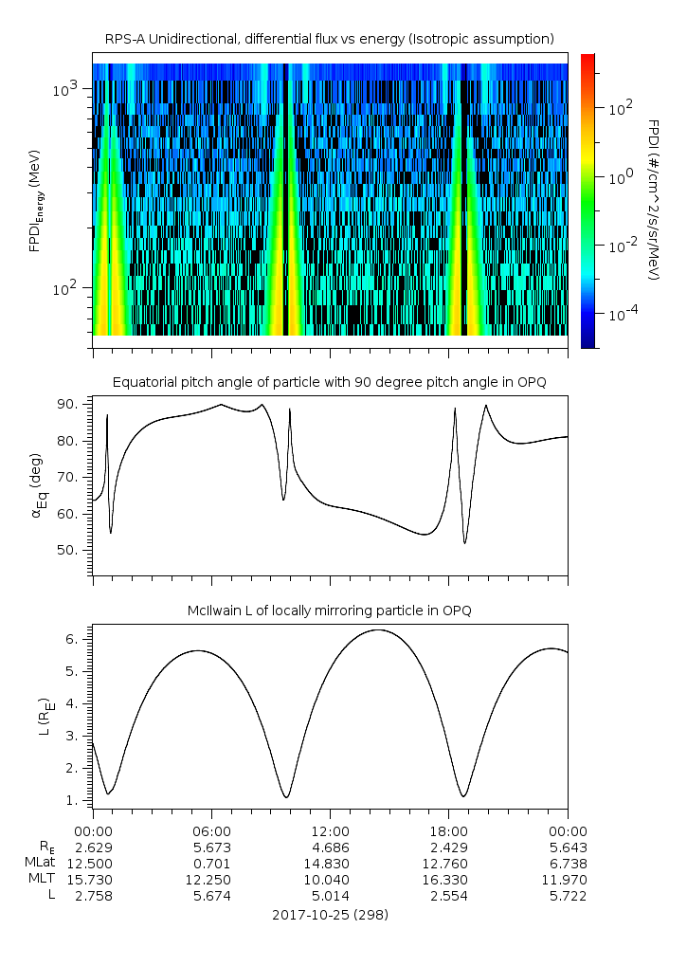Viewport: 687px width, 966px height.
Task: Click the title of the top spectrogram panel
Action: (x=329, y=38)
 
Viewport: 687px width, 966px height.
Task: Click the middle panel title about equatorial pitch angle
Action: (x=329, y=382)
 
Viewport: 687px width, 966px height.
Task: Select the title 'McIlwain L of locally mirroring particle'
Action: (x=329, y=611)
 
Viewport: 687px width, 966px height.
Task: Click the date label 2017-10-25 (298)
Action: (x=329, y=915)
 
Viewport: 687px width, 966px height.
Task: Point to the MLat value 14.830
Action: (x=330, y=864)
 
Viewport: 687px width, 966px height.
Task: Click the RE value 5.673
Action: (x=211, y=847)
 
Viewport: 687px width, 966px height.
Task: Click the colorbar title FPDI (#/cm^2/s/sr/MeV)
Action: (x=654, y=199)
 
